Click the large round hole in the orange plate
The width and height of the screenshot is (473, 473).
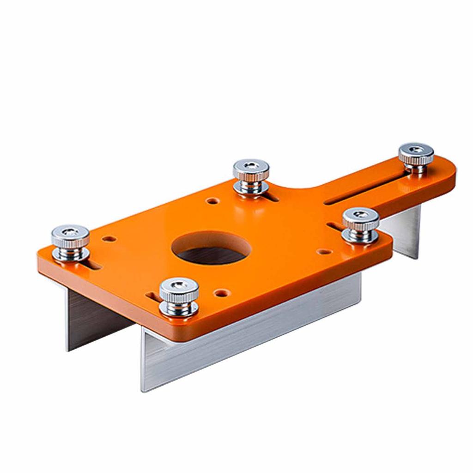(211, 248)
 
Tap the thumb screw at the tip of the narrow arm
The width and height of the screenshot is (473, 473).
(416, 157)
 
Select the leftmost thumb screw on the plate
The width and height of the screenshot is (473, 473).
(70, 241)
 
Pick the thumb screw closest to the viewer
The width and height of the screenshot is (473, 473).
(179, 296)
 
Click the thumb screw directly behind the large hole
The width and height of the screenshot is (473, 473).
(251, 176)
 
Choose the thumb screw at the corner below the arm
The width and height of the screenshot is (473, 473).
(360, 224)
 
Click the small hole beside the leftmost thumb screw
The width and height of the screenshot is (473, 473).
(109, 239)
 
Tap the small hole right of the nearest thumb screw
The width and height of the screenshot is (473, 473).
(222, 292)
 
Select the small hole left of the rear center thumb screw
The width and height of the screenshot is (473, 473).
(212, 201)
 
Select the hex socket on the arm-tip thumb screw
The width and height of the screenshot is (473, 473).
(416, 150)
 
